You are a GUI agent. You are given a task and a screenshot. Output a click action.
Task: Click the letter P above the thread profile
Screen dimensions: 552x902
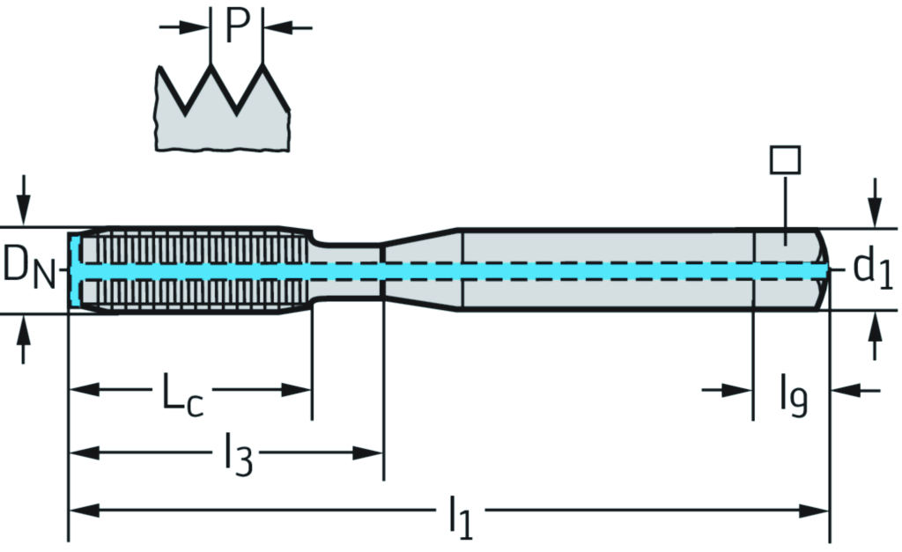238,26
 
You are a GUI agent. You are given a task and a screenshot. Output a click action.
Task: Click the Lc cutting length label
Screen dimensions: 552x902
181,394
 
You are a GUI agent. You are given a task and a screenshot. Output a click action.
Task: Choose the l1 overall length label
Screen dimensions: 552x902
460,517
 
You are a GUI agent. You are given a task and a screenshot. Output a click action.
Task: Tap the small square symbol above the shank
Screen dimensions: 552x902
784,160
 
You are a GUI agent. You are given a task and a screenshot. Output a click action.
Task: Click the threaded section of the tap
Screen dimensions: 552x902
194,269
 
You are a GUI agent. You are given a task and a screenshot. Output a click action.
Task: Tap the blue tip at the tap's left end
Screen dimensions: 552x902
75,269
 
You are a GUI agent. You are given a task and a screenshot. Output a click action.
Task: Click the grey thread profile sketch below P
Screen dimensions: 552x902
220,119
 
